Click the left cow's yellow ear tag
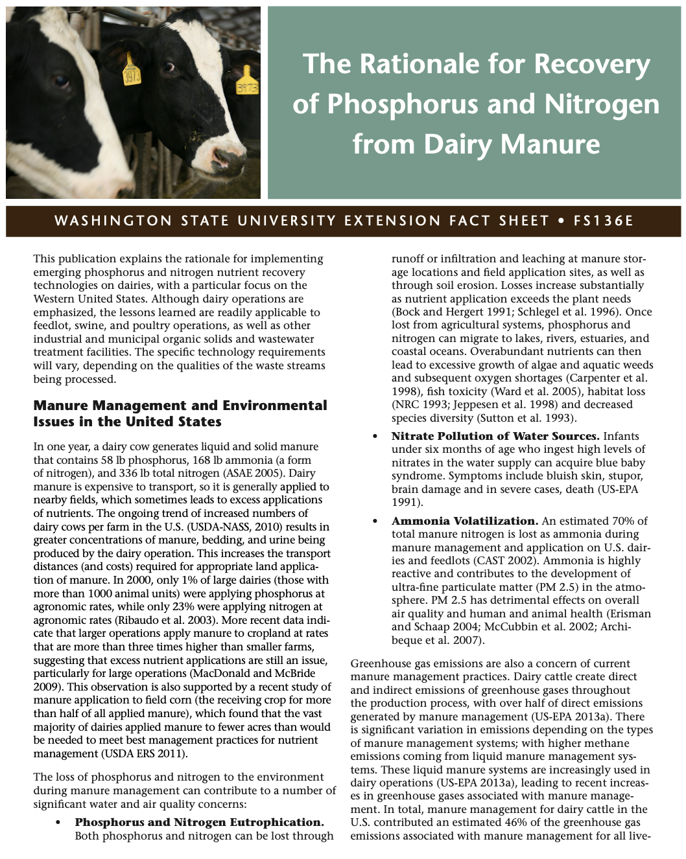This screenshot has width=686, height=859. coord(132,72)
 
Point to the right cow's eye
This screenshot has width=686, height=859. coord(169,67)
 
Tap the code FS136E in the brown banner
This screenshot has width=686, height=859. coord(603,221)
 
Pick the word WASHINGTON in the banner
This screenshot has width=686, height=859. coord(113,221)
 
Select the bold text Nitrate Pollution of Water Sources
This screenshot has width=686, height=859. coord(495,436)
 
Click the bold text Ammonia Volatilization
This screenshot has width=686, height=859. coord(465,521)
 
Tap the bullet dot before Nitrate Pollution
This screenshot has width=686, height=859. coord(375,437)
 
